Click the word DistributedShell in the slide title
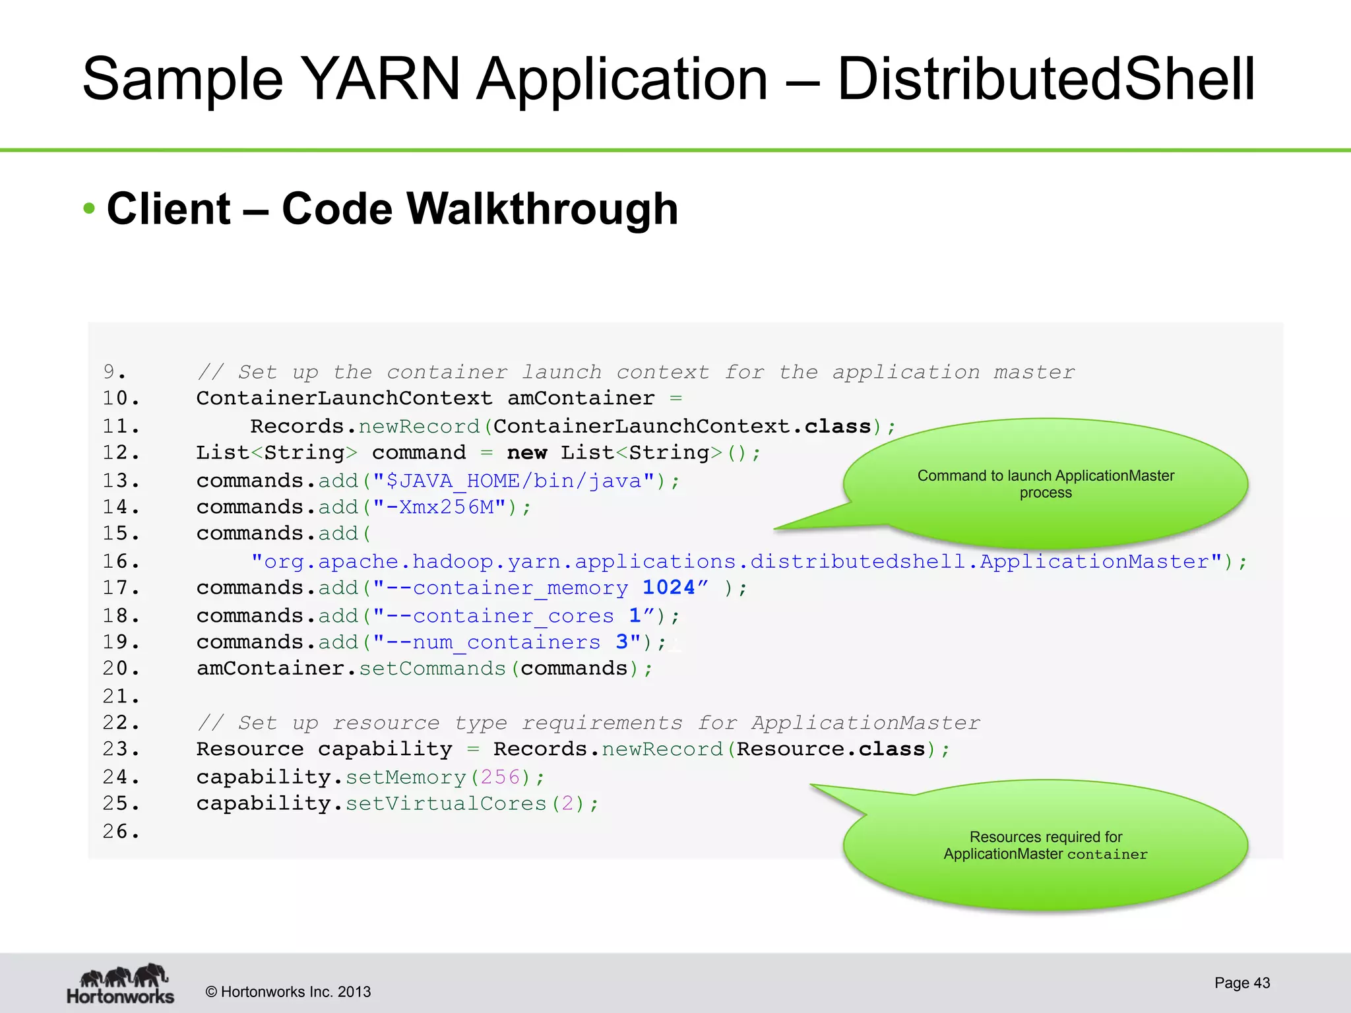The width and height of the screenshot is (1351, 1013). pos(1046,79)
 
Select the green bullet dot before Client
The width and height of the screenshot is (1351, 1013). pos(90,209)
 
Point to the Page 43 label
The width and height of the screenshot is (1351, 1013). pos(1241,983)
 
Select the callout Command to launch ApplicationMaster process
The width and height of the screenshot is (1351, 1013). pos(1046,483)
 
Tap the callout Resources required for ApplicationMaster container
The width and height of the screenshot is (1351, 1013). pos(1046,845)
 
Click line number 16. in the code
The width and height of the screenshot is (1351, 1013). pos(121,562)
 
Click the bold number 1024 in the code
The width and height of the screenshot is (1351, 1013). pos(668,588)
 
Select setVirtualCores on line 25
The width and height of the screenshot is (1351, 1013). pos(446,804)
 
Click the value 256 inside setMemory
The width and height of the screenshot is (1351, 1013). pos(500,778)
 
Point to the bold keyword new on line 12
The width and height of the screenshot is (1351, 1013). pos(526,453)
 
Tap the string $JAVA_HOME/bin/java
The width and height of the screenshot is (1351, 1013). pos(514,481)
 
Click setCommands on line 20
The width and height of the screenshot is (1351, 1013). pos(432,669)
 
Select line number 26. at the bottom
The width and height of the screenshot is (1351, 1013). pos(121,832)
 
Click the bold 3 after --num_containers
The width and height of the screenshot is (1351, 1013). pos(621,642)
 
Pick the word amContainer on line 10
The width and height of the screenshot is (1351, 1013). pos(581,398)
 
